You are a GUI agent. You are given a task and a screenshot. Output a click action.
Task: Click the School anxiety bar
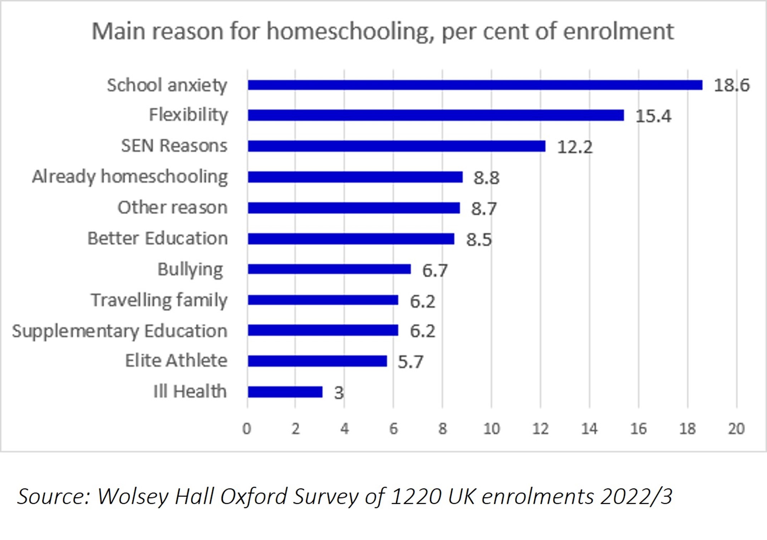[x=475, y=85]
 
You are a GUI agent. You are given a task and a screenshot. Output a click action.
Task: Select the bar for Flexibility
[x=436, y=115]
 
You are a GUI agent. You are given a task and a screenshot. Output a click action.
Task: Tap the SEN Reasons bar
[x=396, y=146]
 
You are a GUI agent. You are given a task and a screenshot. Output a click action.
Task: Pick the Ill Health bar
[x=285, y=392]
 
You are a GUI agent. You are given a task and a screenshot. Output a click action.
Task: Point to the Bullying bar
[x=329, y=269]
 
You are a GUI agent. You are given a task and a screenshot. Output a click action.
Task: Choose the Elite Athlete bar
[x=317, y=361]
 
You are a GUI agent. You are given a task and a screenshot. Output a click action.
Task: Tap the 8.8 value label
[x=486, y=178]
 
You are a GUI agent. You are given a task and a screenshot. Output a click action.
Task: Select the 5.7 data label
[x=410, y=362]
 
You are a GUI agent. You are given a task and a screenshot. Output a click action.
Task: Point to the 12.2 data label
[x=575, y=147]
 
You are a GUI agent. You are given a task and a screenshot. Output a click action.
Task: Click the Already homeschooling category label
[x=130, y=177]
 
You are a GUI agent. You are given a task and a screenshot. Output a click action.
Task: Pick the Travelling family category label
[x=159, y=300]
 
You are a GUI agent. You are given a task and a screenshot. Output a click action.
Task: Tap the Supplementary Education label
[x=120, y=331]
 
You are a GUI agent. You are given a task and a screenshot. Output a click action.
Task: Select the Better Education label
[x=158, y=239]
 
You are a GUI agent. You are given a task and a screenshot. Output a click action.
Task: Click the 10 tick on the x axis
[x=491, y=428]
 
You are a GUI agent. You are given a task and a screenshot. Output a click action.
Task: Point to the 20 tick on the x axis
[x=736, y=428]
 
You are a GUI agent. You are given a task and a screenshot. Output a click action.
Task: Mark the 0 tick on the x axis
[x=247, y=428]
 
